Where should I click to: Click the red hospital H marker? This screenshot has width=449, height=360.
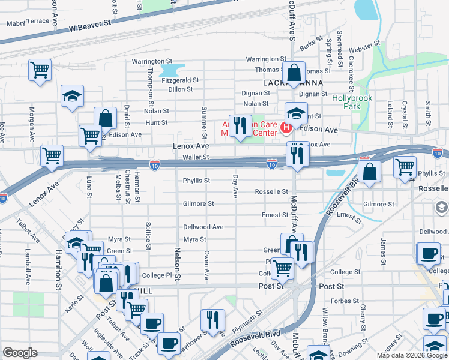(x=286, y=128)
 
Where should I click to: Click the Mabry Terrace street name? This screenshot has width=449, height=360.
(x=27, y=23)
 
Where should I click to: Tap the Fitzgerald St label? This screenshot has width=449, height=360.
(x=179, y=80)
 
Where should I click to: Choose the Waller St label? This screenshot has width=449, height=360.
(x=196, y=157)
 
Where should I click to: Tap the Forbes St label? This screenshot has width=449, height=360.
(x=345, y=301)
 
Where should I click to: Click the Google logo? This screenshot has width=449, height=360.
(x=20, y=353)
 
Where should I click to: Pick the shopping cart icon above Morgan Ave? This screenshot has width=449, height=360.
(x=40, y=70)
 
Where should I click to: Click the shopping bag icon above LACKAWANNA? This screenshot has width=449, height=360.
(x=294, y=73)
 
